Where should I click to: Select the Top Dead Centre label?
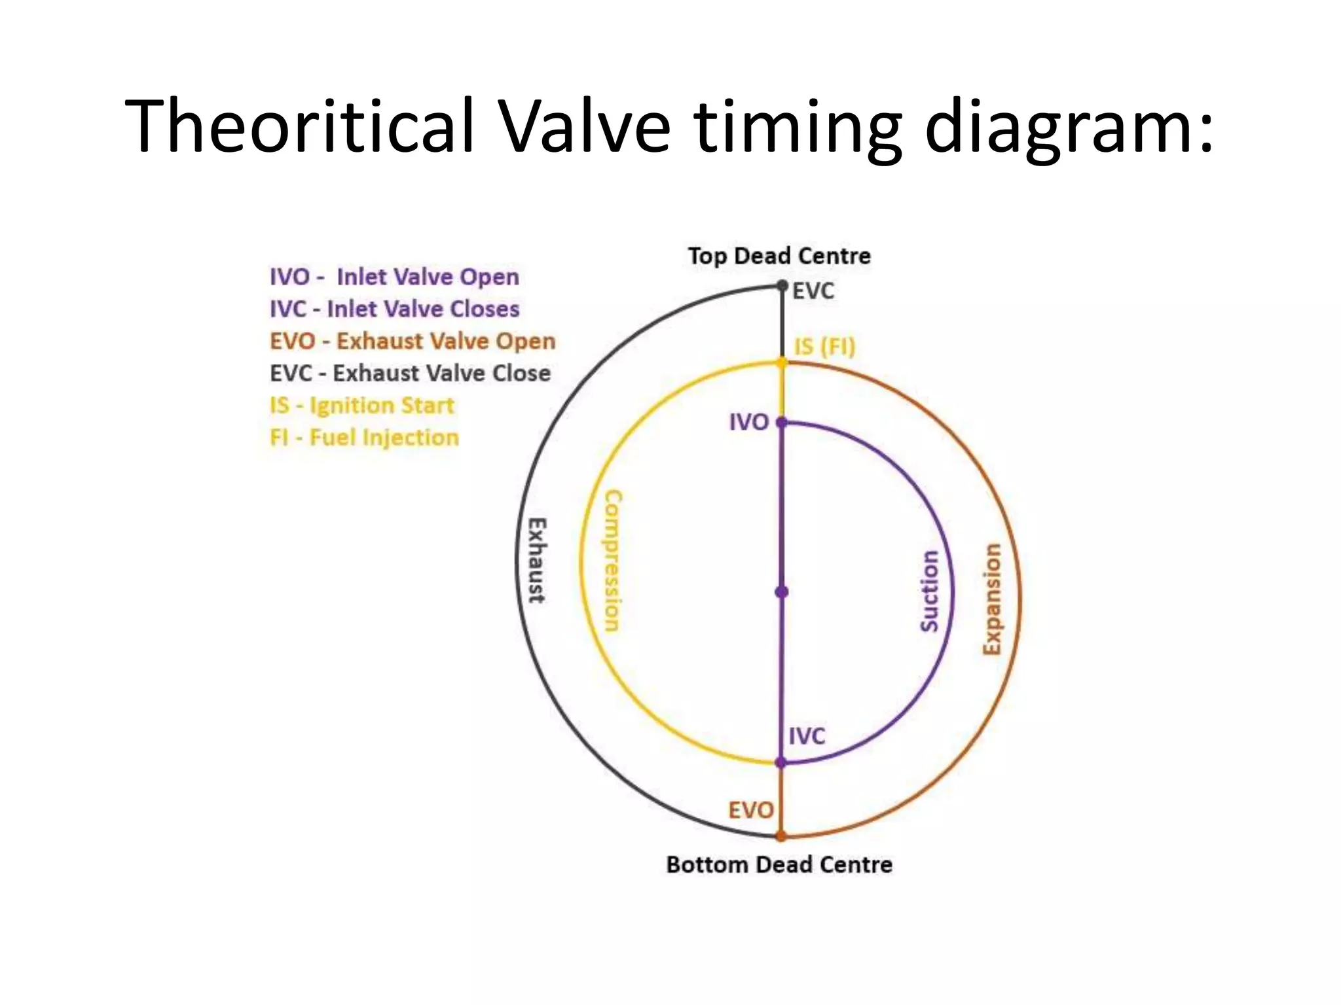(779, 256)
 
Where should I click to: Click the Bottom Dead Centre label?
(779, 864)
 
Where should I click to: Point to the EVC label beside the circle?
(813, 291)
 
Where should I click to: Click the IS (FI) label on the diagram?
(825, 346)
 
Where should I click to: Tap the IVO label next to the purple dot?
(749, 423)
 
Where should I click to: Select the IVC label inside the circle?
(807, 736)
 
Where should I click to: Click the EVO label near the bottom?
(751, 811)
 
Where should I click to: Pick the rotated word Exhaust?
(538, 560)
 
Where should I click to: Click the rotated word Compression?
(612, 561)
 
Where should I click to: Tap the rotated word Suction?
(930, 591)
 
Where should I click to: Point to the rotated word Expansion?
(993, 599)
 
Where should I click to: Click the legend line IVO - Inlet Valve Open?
(394, 277)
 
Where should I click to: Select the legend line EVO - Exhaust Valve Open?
(413, 341)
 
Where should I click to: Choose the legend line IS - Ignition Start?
(361, 405)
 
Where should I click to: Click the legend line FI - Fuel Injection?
(364, 437)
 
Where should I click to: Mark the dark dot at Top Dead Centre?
(782, 286)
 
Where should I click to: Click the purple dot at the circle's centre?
(782, 592)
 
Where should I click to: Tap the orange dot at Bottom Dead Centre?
(781, 836)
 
